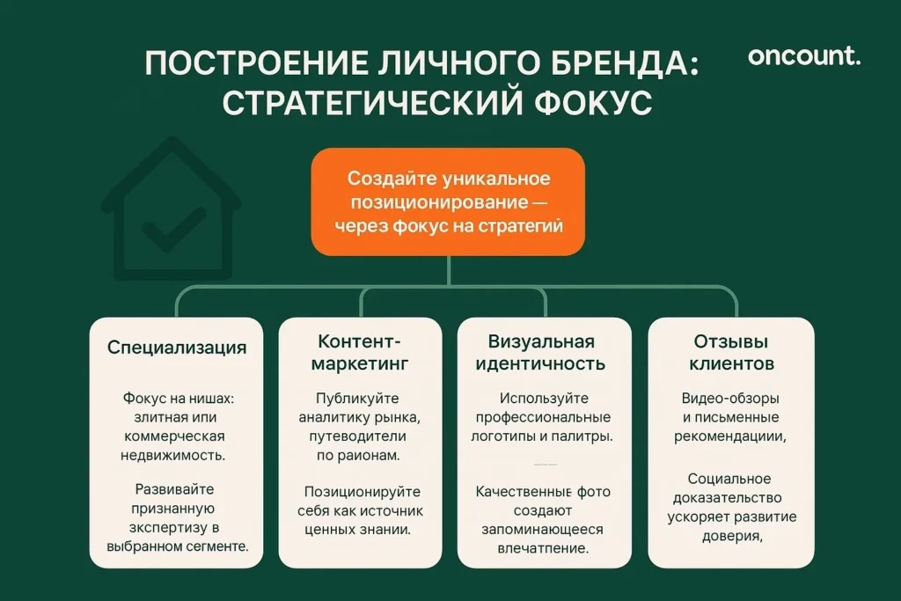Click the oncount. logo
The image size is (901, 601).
pyautogui.click(x=804, y=57)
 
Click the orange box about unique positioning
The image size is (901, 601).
pyautogui.click(x=448, y=202)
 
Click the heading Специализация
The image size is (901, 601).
pyautogui.click(x=177, y=348)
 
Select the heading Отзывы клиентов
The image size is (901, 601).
pyautogui.click(x=731, y=352)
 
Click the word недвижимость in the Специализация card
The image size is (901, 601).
pyautogui.click(x=172, y=456)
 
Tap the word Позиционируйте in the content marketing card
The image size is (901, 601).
pyautogui.click(x=363, y=492)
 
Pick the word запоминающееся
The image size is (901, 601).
pyautogui.click(x=542, y=530)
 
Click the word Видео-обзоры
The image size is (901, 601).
pyautogui.click(x=730, y=399)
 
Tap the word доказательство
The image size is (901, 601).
pyautogui.click(x=729, y=498)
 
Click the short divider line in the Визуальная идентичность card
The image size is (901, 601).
pyautogui.click(x=546, y=464)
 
